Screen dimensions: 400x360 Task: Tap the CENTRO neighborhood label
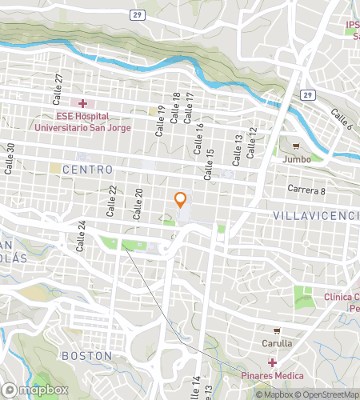pyautogui.click(x=87, y=170)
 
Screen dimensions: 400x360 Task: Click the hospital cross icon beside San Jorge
pyautogui.click(x=82, y=103)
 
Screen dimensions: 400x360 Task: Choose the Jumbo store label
pyautogui.click(x=297, y=159)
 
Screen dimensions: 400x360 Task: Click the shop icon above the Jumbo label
pyautogui.click(x=297, y=146)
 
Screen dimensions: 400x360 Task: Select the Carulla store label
pyautogui.click(x=275, y=343)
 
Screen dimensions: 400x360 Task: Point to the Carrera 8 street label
pyautogui.click(x=306, y=190)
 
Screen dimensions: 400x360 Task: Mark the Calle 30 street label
pyautogui.click(x=11, y=155)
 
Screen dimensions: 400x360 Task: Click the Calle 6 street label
pyautogui.click(x=340, y=120)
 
